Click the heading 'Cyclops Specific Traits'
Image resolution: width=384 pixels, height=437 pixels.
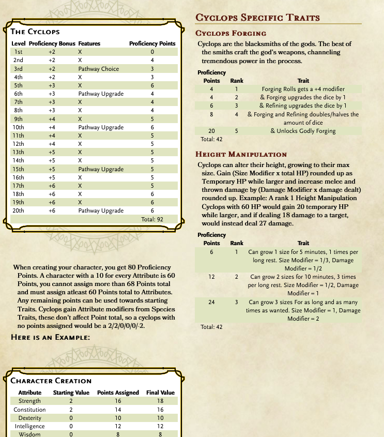tap(257, 18)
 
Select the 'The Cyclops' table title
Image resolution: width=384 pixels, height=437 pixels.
tap(35, 32)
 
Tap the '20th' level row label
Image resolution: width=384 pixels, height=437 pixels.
tap(18, 210)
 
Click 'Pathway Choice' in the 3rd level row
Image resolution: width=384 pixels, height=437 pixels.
tap(99, 69)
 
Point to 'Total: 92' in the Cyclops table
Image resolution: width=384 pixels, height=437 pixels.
tap(152, 219)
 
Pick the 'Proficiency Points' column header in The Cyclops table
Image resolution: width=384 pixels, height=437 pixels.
tap(152, 43)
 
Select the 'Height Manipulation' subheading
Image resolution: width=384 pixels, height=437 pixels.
tap(241, 154)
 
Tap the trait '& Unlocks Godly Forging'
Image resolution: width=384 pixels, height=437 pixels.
tap(303, 131)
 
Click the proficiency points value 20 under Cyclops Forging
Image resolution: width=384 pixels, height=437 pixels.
tap(211, 131)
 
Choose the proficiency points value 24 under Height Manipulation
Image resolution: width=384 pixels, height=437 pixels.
tap(211, 302)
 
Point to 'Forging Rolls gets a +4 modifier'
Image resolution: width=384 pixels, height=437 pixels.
tap(303, 89)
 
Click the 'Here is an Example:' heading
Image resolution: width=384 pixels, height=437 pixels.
tap(51, 337)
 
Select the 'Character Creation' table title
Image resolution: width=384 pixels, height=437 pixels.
tap(51, 381)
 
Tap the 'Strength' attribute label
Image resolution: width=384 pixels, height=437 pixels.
tap(29, 401)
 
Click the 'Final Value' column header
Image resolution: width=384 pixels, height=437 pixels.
tap(160, 393)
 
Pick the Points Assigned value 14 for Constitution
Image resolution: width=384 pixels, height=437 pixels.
tap(118, 410)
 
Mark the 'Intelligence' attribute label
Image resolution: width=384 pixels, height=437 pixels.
tap(29, 426)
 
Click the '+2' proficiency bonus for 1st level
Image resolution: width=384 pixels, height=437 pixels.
tap(52, 52)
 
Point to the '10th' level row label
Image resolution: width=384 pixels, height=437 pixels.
tap(18, 127)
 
